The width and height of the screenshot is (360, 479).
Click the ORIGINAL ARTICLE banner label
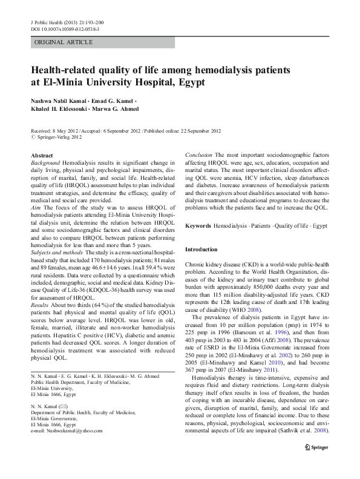click(x=64, y=42)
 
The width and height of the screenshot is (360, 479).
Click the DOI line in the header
click(x=65, y=28)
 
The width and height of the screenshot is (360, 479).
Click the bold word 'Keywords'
click(x=198, y=225)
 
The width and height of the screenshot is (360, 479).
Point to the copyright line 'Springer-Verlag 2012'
click(x=59, y=137)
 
